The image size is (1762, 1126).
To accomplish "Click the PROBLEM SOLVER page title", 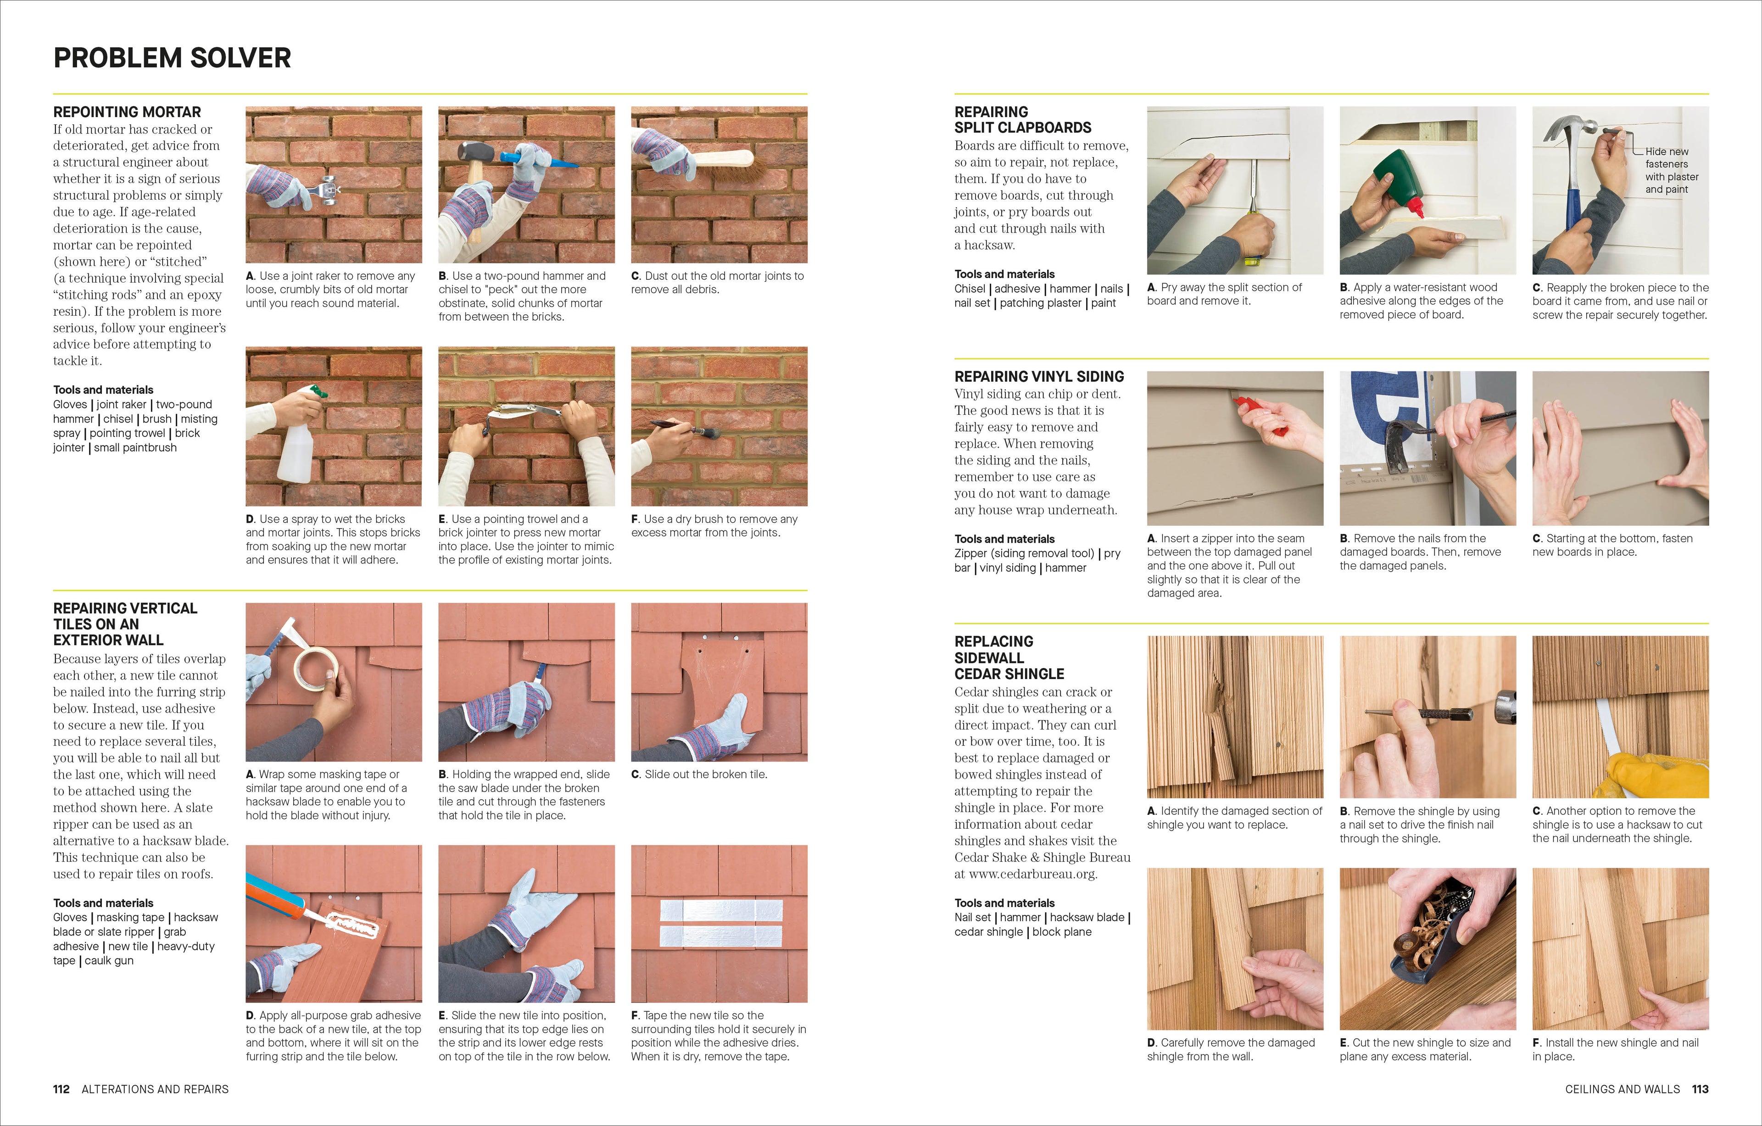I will pos(172,58).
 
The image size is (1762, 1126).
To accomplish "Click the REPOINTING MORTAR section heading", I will pos(127,112).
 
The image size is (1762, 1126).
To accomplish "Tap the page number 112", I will pos(61,1089).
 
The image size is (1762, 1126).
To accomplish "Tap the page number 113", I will pos(1700,1089).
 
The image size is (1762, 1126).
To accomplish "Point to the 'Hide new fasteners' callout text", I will pos(1671,170).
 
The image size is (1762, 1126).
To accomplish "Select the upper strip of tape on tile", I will pos(721,910).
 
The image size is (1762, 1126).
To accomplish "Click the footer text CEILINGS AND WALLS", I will pos(1622,1089).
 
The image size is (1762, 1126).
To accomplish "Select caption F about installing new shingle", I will pos(1615,1049).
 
